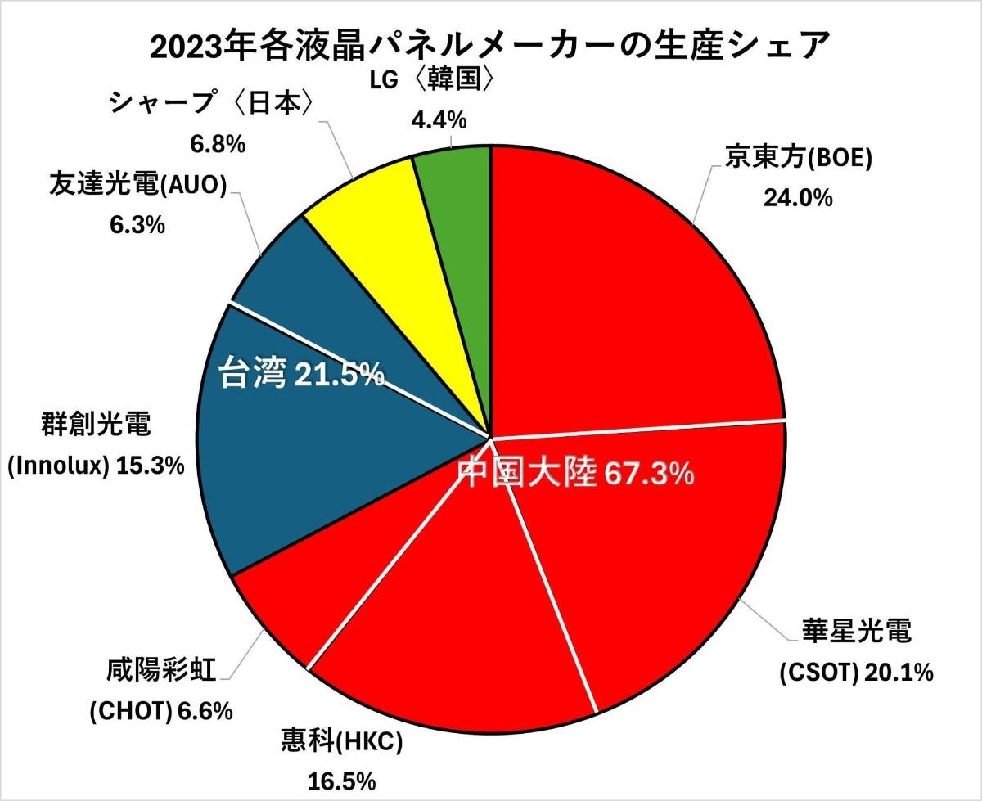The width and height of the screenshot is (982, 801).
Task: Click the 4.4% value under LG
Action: (439, 120)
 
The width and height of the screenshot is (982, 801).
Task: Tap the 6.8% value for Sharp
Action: (218, 145)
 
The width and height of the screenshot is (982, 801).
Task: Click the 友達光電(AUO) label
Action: (137, 186)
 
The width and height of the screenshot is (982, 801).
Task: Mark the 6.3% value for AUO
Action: (137, 224)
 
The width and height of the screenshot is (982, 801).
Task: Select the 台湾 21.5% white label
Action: (302, 376)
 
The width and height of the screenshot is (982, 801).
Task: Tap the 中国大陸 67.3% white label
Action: (575, 474)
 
